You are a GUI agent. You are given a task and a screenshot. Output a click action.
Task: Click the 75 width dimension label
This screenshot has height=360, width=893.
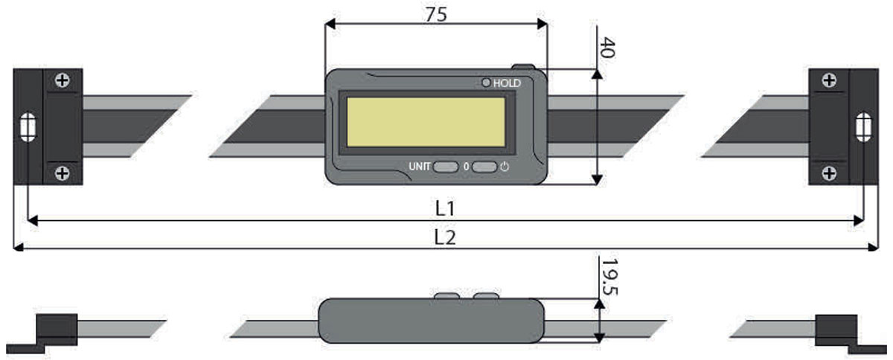436,15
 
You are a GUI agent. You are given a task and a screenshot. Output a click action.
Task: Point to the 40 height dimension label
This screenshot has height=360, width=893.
607,48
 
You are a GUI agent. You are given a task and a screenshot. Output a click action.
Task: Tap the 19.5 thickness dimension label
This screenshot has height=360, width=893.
609,278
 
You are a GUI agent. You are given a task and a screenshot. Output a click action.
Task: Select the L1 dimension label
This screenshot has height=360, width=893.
445,208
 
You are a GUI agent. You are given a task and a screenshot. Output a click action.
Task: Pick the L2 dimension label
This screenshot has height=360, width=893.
445,237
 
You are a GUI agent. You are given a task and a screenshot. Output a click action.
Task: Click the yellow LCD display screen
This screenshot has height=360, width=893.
426,122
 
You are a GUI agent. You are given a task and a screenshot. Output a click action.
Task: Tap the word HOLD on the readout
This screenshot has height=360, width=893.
507,83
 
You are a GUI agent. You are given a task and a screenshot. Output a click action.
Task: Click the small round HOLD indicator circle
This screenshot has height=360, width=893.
486,83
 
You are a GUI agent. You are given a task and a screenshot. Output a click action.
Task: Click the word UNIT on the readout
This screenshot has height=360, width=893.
420,167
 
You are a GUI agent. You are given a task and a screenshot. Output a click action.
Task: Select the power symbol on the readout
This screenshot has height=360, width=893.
505,167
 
